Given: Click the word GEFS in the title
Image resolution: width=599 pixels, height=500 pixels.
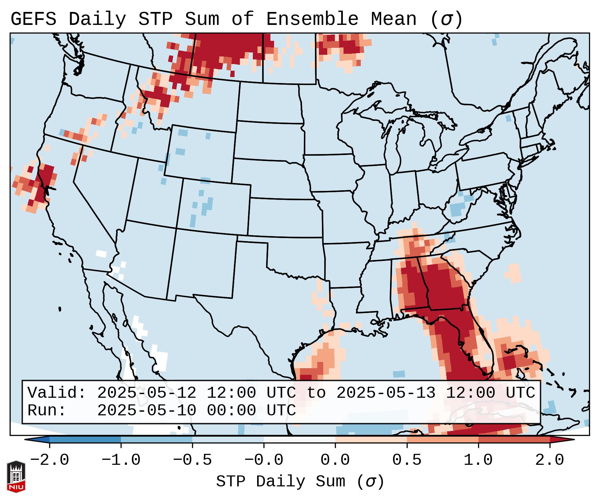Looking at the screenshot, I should pos(33,19).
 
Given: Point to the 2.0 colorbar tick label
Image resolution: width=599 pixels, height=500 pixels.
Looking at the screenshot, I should pos(549,460).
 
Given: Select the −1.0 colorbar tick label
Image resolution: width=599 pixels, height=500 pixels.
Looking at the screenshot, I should pos(121,460).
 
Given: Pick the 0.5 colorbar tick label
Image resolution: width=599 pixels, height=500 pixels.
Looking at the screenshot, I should pos(407,460).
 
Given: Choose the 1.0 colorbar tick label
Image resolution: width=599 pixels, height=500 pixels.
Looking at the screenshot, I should pos(478,460).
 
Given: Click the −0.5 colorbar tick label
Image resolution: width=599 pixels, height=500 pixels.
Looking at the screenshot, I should pos(192,460).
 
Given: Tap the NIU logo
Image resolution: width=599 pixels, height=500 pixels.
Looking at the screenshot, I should pos(16,476).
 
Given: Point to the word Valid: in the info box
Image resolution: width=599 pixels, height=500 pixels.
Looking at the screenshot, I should pos(57,393).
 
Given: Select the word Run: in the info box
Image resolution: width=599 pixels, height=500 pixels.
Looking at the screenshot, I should pos(47,411).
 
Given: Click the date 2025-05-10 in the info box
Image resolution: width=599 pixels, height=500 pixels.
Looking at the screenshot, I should pos(147,411).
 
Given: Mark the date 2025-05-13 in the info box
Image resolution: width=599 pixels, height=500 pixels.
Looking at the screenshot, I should pos(386,393).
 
